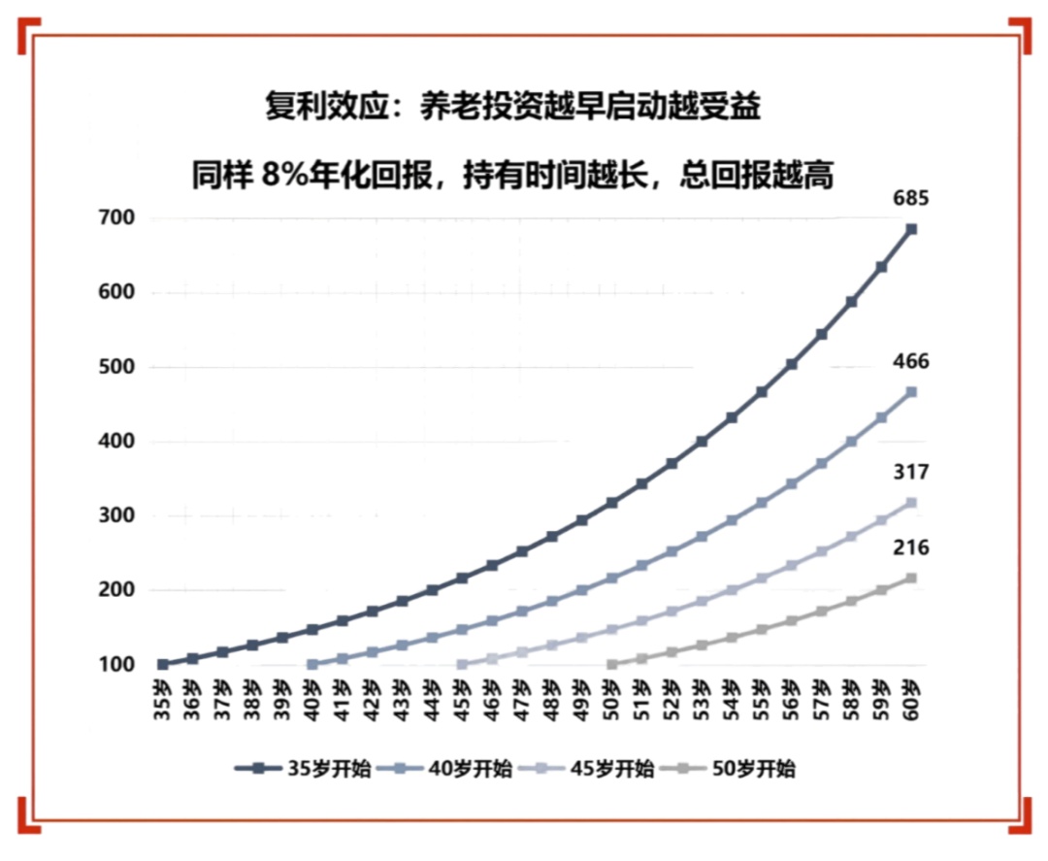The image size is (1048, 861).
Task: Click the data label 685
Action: point(911,199)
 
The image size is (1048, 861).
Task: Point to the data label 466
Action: point(911,362)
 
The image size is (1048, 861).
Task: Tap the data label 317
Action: point(911,473)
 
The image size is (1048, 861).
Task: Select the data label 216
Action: point(911,548)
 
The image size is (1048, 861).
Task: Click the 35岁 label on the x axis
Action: point(163,700)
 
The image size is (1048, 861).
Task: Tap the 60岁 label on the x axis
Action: point(911,700)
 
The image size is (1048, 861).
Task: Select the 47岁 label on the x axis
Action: point(522,700)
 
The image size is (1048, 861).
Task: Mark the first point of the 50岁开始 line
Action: point(611,665)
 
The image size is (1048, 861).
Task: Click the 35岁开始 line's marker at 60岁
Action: point(911,229)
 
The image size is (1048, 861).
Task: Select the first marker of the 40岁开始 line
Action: point(312,665)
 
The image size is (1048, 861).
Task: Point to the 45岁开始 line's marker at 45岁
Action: point(462,665)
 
